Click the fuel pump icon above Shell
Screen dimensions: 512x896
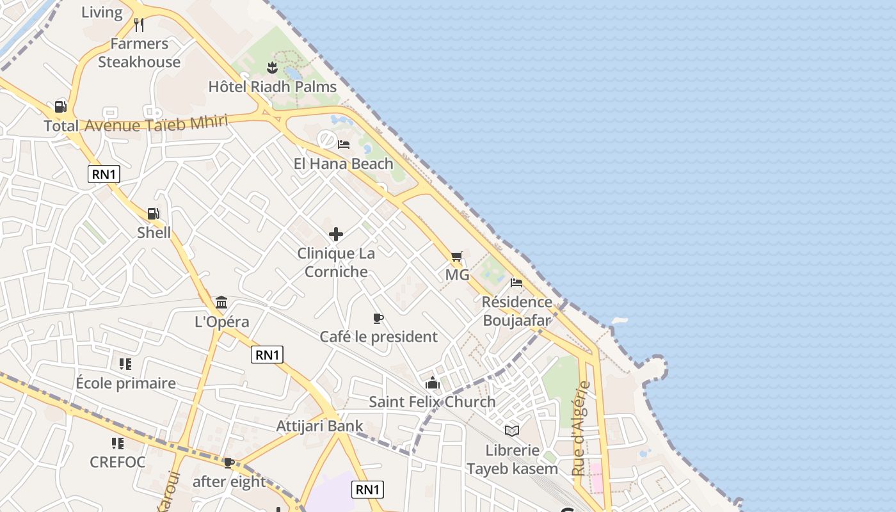coord(153,214)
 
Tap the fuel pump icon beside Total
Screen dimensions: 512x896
coord(60,107)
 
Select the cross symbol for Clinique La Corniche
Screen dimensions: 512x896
coord(336,234)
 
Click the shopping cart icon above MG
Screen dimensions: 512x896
coord(456,257)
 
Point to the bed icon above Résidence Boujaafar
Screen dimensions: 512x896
coord(516,283)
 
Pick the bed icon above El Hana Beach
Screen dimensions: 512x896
coord(344,145)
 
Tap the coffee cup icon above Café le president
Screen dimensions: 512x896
coord(378,318)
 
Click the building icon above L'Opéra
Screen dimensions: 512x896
coord(221,302)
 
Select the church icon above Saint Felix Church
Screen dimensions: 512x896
coord(433,383)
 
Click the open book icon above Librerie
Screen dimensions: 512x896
coord(512,431)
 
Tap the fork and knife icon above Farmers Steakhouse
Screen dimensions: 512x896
coord(139,25)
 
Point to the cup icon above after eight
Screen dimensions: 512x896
coord(228,463)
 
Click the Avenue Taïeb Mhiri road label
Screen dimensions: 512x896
coord(156,124)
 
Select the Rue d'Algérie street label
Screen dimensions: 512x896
coord(580,429)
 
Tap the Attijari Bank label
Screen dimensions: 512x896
coord(319,426)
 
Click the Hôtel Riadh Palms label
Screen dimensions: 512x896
coord(273,86)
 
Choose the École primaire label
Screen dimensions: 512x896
coord(126,383)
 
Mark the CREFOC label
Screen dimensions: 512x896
coord(118,462)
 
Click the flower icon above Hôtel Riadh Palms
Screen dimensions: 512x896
coord(272,67)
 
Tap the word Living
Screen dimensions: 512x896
coord(102,12)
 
